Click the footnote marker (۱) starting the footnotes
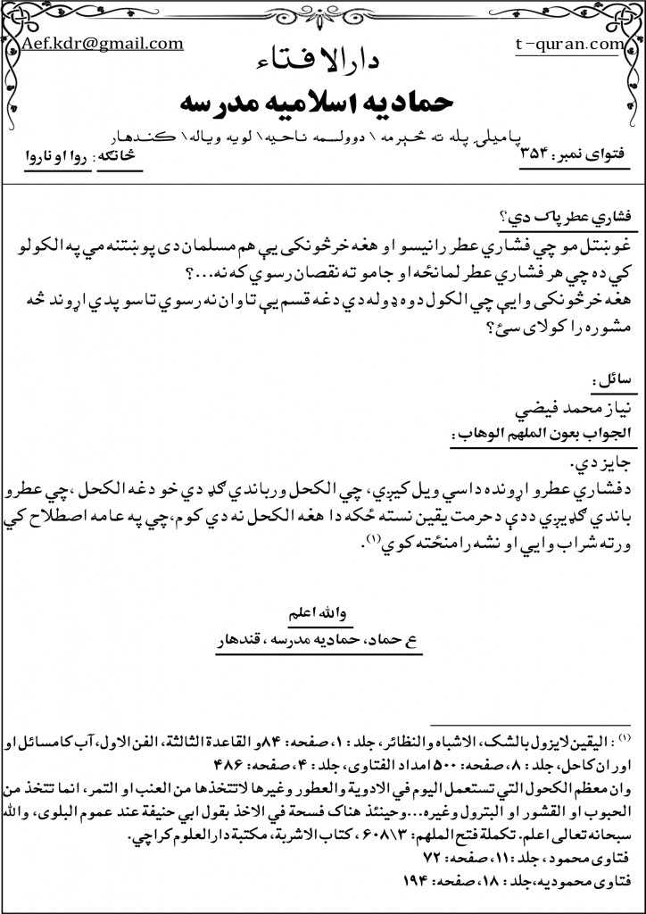625,740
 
